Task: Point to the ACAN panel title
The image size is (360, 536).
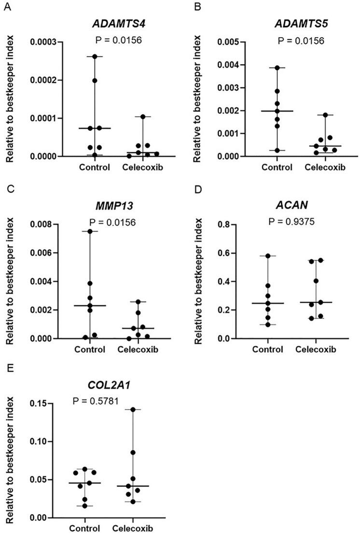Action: coord(294,206)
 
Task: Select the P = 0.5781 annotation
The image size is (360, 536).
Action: coord(96,400)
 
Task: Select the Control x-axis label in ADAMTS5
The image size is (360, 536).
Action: coord(277,168)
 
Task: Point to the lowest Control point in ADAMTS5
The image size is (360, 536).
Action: coord(277,150)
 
